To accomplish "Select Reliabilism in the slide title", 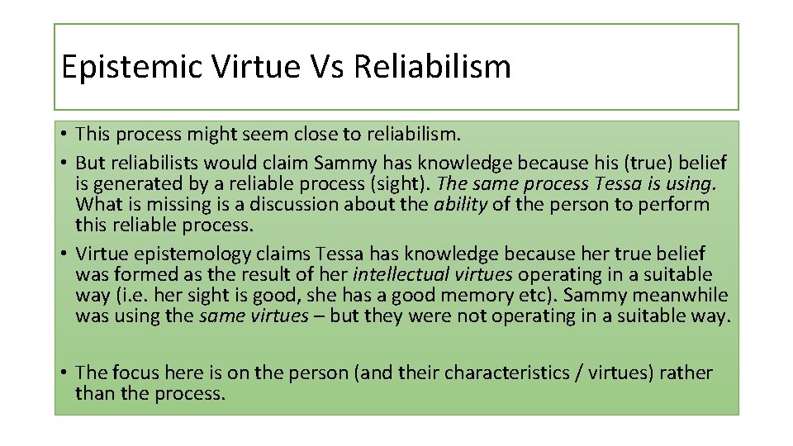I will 433,67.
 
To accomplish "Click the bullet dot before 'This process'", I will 64,134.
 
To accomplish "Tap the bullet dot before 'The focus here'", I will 64,373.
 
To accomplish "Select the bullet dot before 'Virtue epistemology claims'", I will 64,254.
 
